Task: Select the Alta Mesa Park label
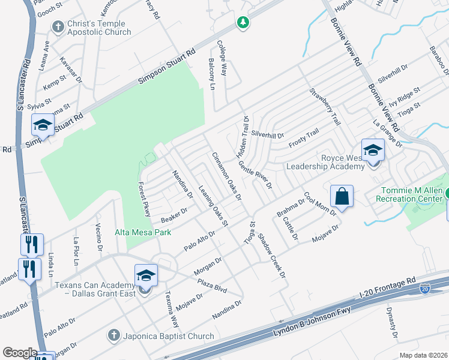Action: (x=143, y=232)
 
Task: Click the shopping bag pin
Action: (x=342, y=197)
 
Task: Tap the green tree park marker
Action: (x=243, y=23)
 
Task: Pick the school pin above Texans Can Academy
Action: (x=146, y=275)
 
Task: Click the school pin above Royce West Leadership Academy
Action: (x=373, y=150)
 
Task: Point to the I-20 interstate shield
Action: (x=424, y=289)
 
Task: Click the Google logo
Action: (x=20, y=353)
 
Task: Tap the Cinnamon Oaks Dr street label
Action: (x=226, y=176)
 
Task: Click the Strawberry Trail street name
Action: (x=325, y=107)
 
